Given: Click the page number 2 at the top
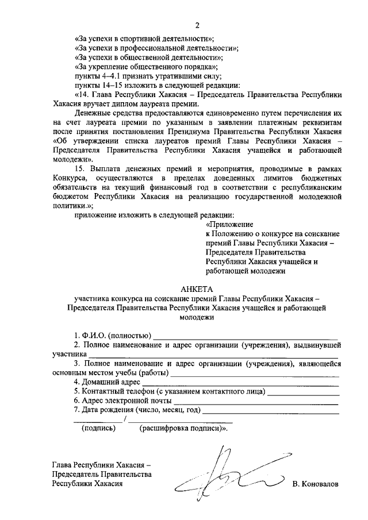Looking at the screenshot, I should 197,25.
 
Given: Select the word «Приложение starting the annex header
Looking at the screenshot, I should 229,225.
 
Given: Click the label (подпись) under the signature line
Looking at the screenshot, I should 98,428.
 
